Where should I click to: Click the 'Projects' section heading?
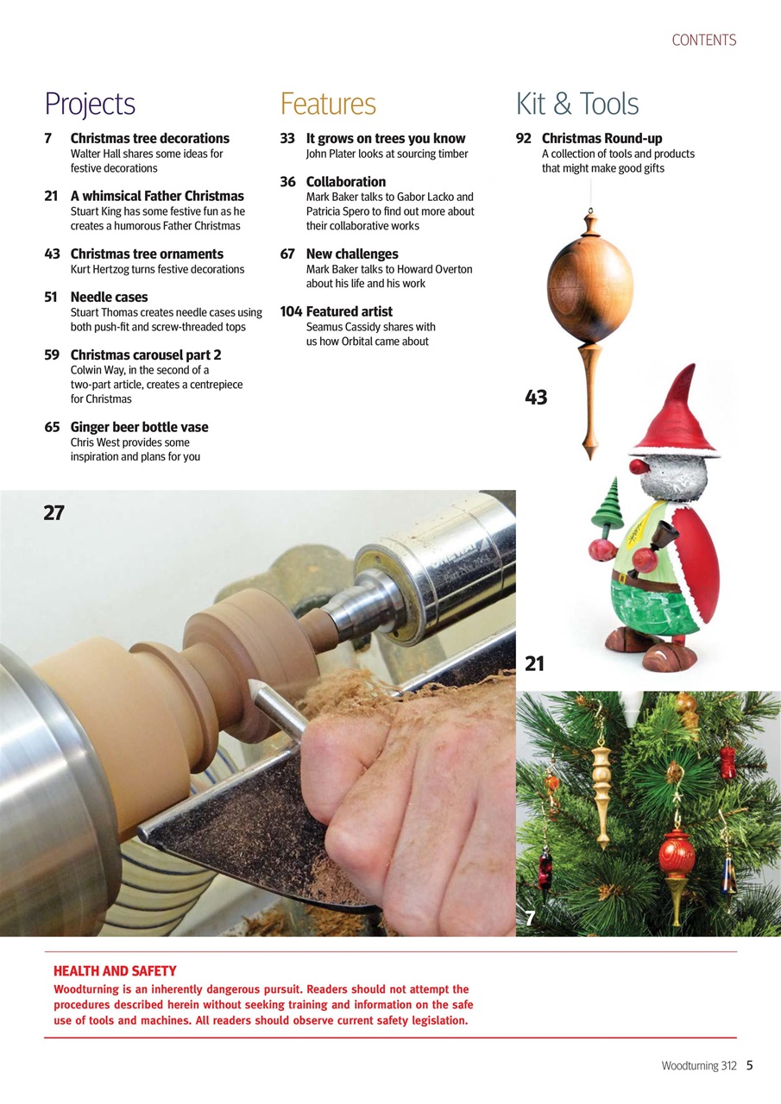(90, 104)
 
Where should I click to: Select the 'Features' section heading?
(328, 104)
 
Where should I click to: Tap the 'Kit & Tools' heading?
(577, 104)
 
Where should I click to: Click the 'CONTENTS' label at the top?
(703, 41)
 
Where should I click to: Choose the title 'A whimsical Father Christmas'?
(157, 196)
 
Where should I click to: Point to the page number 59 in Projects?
(52, 354)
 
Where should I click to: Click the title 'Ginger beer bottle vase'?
(139, 427)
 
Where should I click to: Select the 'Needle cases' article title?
(109, 297)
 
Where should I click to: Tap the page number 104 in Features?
(291, 311)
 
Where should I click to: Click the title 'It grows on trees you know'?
(386, 138)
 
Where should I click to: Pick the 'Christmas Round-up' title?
(601, 138)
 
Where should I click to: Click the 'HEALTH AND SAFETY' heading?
(115, 971)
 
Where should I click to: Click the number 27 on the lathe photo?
(54, 513)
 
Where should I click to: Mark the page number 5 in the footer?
(749, 1065)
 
